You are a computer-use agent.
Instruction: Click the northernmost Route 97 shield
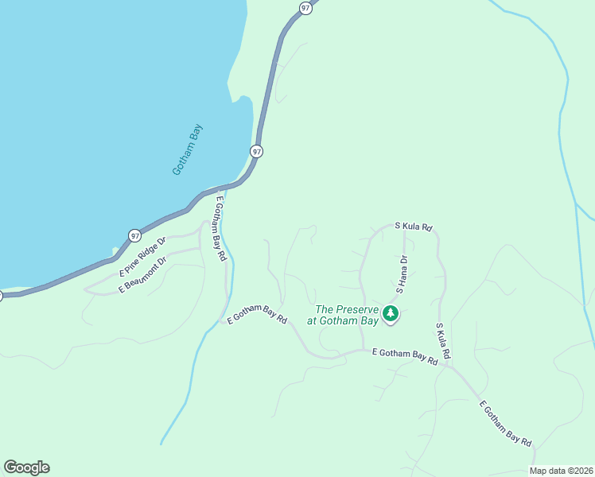click(x=305, y=7)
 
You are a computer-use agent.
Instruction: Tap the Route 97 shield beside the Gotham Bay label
click(x=256, y=150)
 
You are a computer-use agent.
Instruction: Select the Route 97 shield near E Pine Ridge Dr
click(x=134, y=235)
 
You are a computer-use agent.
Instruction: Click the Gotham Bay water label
click(x=188, y=149)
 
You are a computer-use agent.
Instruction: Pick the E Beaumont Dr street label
click(x=143, y=275)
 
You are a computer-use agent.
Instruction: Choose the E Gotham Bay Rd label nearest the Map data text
click(x=506, y=425)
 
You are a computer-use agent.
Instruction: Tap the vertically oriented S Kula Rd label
click(x=443, y=339)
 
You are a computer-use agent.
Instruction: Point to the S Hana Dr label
click(x=401, y=274)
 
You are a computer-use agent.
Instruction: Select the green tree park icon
click(x=390, y=313)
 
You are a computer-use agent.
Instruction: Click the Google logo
click(x=26, y=467)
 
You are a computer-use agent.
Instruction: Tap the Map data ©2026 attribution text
click(x=561, y=471)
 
